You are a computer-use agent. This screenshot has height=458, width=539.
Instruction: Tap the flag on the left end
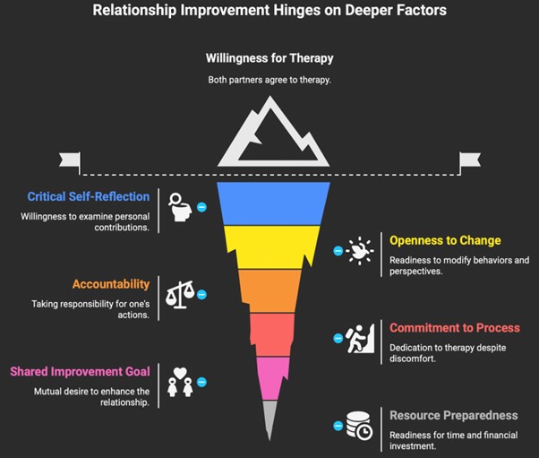point(70,160)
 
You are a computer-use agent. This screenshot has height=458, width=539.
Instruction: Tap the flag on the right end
point(470,160)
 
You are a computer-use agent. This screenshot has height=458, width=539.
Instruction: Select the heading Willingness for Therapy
point(269,59)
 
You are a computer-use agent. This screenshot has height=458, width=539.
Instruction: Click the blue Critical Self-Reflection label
point(89,196)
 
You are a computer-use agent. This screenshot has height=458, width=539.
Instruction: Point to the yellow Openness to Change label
point(445,240)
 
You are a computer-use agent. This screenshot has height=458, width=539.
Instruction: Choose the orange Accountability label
point(111,284)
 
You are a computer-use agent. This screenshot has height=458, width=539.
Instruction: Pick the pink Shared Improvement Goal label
point(80,371)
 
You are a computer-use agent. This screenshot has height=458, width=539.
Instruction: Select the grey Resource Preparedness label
point(453,415)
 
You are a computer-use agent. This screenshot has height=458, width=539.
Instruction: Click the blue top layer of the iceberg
point(269,202)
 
